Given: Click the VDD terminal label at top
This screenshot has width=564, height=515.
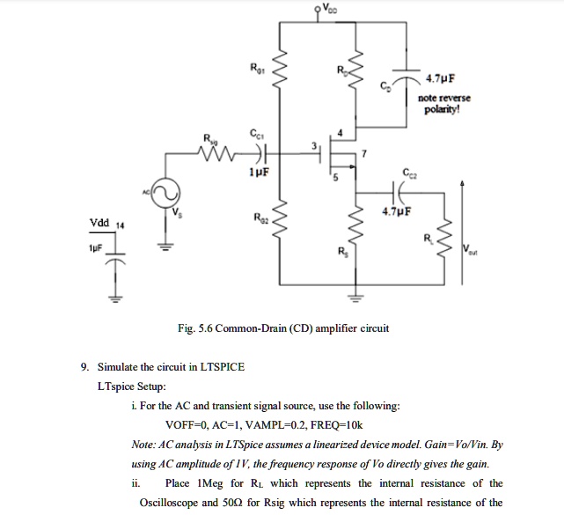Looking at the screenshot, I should (x=329, y=9).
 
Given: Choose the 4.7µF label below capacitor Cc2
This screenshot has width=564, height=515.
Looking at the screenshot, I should (x=397, y=212).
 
